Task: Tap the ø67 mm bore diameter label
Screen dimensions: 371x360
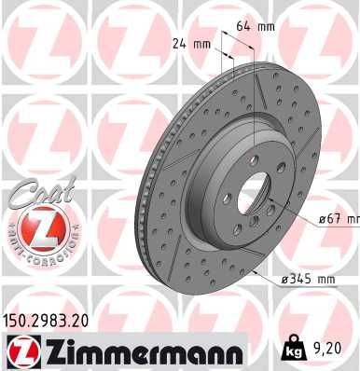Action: (x=337, y=219)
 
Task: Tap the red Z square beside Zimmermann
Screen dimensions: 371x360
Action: (x=20, y=351)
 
